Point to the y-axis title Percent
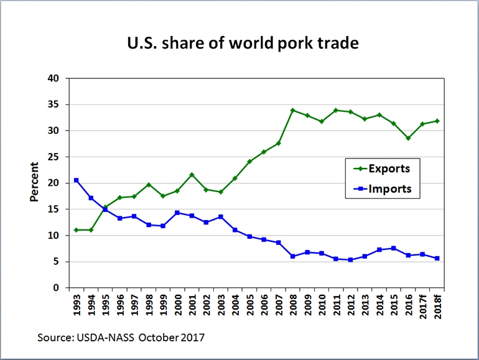(34, 182)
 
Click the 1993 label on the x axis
(77, 305)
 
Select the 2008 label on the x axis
(292, 305)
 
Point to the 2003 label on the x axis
(220, 305)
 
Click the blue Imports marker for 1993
(76, 180)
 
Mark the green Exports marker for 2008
(292, 111)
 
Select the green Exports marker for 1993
(76, 230)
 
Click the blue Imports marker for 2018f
(437, 259)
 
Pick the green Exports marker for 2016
(408, 138)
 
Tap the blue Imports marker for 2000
(177, 213)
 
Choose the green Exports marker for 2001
(192, 175)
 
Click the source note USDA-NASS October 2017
(122, 337)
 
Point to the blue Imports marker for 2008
(292, 256)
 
